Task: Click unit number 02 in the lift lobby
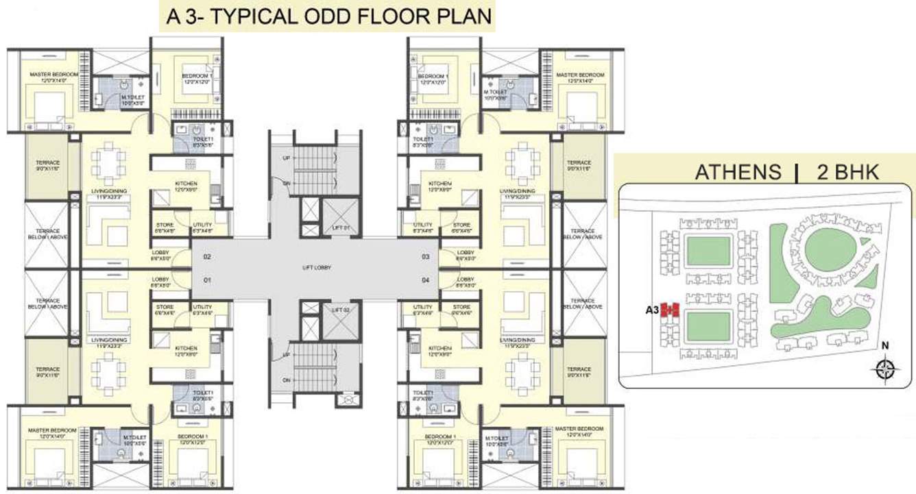(x=207, y=257)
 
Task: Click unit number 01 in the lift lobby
(x=207, y=280)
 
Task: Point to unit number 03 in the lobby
(x=425, y=257)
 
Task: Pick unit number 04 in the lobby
(x=425, y=280)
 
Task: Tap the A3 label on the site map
(x=652, y=310)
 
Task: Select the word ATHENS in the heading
(x=738, y=172)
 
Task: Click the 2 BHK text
(x=847, y=172)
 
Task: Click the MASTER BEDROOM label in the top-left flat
(x=53, y=75)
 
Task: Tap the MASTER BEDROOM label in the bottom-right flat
(x=580, y=430)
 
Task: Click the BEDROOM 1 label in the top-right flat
(x=433, y=76)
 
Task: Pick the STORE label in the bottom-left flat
(x=165, y=307)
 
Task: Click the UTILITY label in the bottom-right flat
(x=422, y=307)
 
